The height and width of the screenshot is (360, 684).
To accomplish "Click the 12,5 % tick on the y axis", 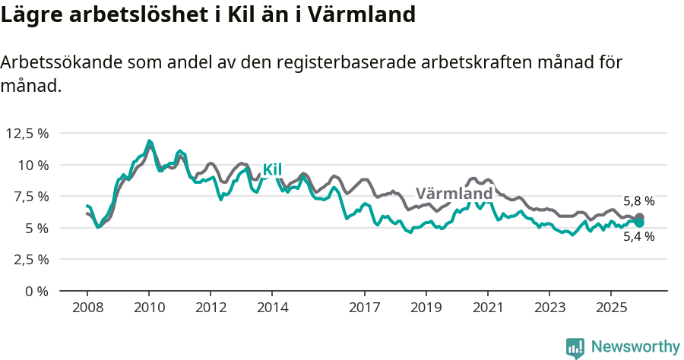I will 27,133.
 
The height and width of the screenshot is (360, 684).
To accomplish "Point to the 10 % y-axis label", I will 33,165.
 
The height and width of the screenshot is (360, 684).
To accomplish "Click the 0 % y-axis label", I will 37,291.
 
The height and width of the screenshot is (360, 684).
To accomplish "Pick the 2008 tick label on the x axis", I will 87,308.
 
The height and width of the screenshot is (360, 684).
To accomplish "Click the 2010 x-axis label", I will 149,308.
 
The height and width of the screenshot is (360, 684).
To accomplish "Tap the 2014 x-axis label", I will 272,308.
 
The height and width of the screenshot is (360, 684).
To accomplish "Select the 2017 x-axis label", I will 364,308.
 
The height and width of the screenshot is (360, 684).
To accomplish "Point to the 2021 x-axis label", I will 487,308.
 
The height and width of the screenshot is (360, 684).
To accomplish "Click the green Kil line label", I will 272,169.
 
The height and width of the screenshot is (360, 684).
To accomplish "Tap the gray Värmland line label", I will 454,194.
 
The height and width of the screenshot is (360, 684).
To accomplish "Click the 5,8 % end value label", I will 638,201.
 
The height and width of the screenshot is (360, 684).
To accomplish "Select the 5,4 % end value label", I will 638,236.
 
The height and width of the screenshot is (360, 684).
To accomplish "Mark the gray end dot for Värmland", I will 639,217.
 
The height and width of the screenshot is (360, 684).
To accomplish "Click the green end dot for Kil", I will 639,223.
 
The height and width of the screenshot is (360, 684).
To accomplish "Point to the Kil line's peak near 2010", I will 150,141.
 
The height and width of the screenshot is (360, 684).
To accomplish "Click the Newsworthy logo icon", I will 575,347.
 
